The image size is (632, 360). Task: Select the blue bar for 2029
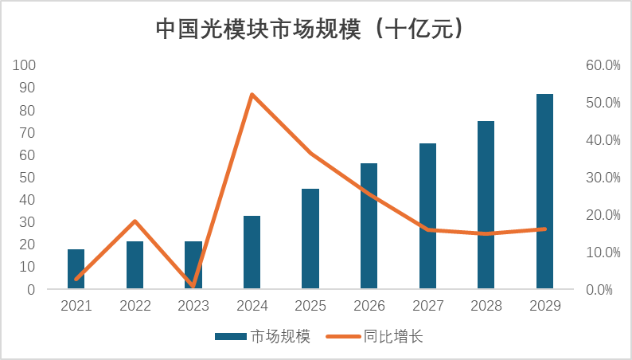pos(544,191)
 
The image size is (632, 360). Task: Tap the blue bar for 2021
pos(76,268)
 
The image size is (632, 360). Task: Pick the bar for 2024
pos(252,252)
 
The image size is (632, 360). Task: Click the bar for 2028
pos(486,205)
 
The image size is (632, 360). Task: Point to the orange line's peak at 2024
pos(252,95)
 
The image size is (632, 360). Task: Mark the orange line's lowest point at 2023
pos(193,285)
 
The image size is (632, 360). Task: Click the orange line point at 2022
pos(135,221)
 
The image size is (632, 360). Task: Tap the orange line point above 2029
pos(544,229)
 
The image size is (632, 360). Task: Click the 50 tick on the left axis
pos(28,177)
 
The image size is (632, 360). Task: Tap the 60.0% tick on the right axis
pos(602,65)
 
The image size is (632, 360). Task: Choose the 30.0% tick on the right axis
pos(602,177)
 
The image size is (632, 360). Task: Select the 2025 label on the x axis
pos(310,306)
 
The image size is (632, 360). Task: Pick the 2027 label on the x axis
pos(427,306)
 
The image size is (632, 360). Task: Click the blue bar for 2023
pos(193,264)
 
